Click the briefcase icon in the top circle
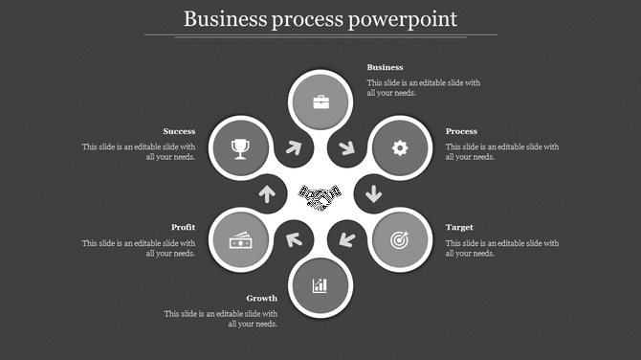coord(320,102)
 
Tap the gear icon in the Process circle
coord(400,147)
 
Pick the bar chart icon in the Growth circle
coord(320,285)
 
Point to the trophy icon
coord(240,147)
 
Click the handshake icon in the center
coord(320,196)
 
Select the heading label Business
coord(386,68)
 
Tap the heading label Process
coord(461,131)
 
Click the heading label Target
coord(459,228)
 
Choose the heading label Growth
coord(261,299)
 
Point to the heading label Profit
coord(184,228)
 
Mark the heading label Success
coord(179,131)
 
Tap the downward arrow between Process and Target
coord(373,194)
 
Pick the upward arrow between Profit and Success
coord(267,194)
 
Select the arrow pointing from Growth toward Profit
coord(294,238)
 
